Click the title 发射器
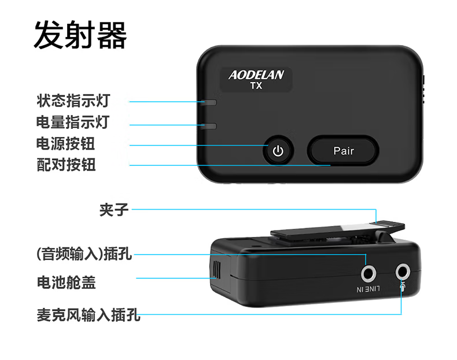click(x=80, y=35)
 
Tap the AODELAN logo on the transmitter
click(x=256, y=75)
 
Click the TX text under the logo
click(x=256, y=86)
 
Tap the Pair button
click(x=344, y=150)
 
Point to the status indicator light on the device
click(x=208, y=102)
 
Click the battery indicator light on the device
click(x=208, y=126)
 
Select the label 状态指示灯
click(x=73, y=101)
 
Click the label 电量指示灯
click(x=73, y=122)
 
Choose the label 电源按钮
click(x=65, y=143)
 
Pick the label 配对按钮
click(x=66, y=165)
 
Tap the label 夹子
click(x=114, y=210)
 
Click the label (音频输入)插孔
click(x=84, y=254)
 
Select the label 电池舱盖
click(x=66, y=283)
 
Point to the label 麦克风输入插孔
click(x=89, y=314)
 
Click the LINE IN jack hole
click(x=368, y=273)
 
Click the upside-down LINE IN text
click(x=368, y=289)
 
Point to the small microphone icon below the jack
click(x=403, y=287)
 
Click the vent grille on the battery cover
click(x=216, y=269)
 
